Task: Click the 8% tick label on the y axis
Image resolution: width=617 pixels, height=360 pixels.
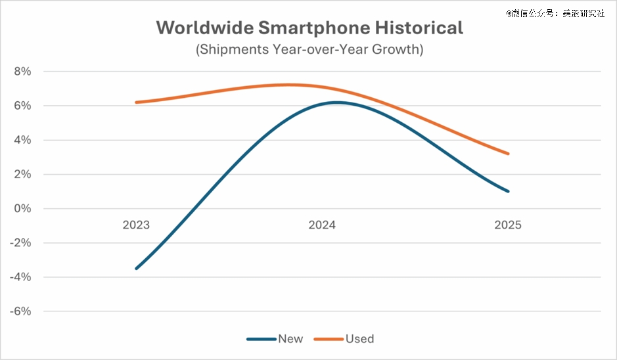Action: [22, 72]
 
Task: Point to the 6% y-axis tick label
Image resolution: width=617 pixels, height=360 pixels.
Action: [22, 106]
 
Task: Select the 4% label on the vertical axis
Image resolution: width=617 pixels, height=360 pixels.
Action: [22, 140]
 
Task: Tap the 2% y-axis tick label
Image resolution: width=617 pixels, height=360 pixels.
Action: [22, 174]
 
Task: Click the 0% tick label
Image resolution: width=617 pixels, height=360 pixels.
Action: [22, 208]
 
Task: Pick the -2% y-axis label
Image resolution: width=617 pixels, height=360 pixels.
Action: [20, 242]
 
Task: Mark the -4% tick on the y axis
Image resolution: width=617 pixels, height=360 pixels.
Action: [20, 277]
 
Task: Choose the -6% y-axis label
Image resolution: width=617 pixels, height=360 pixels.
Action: [20, 311]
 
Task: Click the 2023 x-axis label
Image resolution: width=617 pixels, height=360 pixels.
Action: [136, 225]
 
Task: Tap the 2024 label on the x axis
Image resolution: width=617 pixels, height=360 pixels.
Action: [322, 225]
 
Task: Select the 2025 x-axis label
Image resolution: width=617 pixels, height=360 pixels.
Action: [508, 225]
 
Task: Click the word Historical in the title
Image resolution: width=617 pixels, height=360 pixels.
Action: [419, 28]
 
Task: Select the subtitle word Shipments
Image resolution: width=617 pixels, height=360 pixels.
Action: [235, 50]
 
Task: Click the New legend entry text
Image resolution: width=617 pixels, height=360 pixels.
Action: [290, 339]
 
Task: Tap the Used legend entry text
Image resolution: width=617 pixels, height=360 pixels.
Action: [359, 339]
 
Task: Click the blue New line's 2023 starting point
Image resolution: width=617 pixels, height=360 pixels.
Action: [137, 268]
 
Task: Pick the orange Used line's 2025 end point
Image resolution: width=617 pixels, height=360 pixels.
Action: [508, 154]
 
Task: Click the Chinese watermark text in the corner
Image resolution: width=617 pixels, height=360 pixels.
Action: [555, 13]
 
